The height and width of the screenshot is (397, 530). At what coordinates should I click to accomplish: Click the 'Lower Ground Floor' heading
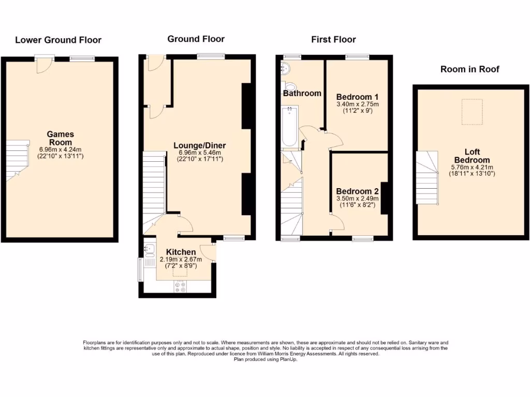pyautogui.click(x=58, y=40)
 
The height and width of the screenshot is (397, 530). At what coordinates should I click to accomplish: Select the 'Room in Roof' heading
pyautogui.click(x=469, y=69)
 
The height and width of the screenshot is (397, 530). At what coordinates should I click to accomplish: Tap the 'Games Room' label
pyautogui.click(x=60, y=138)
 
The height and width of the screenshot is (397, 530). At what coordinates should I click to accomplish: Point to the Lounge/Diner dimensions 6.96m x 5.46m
pyautogui.click(x=200, y=152)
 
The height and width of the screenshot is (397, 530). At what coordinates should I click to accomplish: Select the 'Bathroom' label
pyautogui.click(x=302, y=93)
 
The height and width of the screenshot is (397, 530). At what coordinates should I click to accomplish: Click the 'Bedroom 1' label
pyautogui.click(x=357, y=97)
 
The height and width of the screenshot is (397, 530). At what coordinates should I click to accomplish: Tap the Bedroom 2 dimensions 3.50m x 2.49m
pyautogui.click(x=357, y=198)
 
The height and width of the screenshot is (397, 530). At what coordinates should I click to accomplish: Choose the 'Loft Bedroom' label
pyautogui.click(x=472, y=156)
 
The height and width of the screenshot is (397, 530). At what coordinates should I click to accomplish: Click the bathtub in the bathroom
pyautogui.click(x=289, y=127)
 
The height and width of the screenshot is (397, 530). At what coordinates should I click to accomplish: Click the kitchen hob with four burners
pyautogui.click(x=181, y=287)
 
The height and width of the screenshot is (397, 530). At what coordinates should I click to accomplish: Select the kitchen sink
pyautogui.click(x=149, y=251)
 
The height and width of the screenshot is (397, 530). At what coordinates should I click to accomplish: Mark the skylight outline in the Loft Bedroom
pyautogui.click(x=472, y=112)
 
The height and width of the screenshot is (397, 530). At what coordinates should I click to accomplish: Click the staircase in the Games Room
pyautogui.click(x=17, y=159)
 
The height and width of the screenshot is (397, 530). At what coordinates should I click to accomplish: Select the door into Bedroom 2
pyautogui.click(x=336, y=221)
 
